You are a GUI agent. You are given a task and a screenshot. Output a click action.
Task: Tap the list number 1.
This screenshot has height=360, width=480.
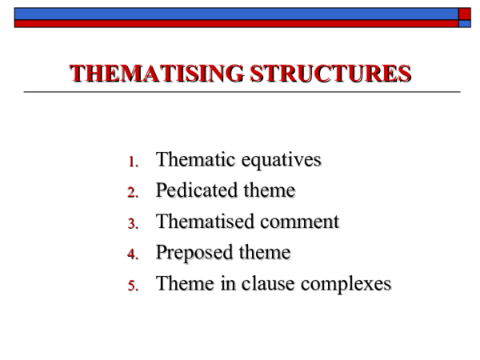(x=133, y=162)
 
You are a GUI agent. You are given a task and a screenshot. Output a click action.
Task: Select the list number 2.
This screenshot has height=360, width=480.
(x=133, y=193)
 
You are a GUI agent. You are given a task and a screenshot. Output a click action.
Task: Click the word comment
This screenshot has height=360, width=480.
(x=298, y=222)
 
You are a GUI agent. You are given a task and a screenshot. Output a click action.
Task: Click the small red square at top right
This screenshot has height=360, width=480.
(x=465, y=14)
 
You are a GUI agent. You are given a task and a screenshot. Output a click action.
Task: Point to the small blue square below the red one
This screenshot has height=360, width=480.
(x=465, y=24)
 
